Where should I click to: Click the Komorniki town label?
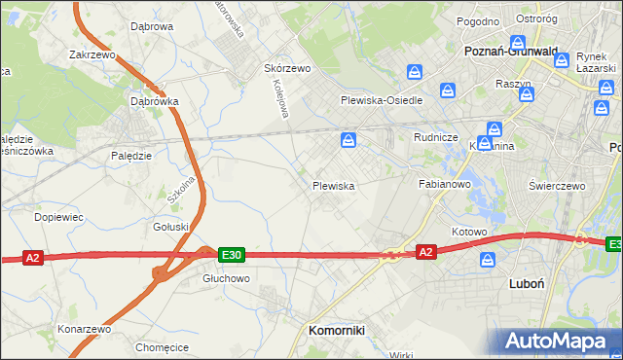coord(336,330)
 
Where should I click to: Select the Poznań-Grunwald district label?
coord(511,52)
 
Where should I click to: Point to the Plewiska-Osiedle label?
coord(381,100)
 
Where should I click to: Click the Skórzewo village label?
coord(287,68)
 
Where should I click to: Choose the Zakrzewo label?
coord(92,55)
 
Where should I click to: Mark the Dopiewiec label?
coord(57,217)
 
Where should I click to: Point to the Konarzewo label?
coord(84,328)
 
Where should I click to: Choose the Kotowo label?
coord(468,232)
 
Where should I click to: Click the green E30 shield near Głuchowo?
coord(231,255)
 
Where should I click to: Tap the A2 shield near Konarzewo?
coord(33,258)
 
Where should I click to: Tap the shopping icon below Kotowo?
coord(489,260)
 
